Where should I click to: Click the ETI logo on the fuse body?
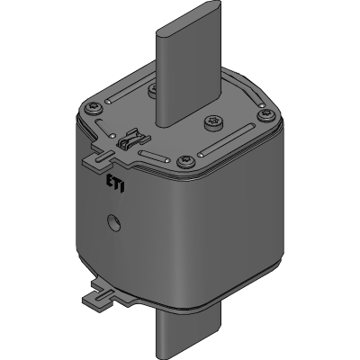(116, 184)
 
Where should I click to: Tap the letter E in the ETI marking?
(110, 180)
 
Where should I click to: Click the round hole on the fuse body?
(114, 222)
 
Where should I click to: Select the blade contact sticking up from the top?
(188, 64)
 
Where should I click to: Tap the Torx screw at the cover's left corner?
(93, 108)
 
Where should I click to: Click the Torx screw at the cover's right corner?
(265, 115)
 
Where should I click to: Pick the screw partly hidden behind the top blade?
(152, 89)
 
